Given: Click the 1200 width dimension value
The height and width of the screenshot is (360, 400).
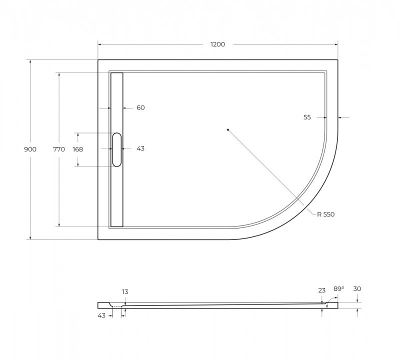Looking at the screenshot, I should click(217, 44).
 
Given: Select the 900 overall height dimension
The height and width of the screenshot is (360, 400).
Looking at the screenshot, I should click(30, 149).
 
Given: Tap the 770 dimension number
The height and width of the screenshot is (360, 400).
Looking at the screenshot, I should click(59, 149).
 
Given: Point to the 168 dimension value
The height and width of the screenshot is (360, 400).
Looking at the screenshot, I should click(77, 149).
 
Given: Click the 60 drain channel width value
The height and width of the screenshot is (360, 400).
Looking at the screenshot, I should click(140, 107).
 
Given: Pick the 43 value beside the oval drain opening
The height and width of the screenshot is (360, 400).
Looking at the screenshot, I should click(140, 148).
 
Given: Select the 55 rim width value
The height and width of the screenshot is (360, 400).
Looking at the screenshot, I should click(307, 117).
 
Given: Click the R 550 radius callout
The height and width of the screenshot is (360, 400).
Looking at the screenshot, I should click(325, 214).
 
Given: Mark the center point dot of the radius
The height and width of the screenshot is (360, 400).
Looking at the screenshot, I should click(227, 130).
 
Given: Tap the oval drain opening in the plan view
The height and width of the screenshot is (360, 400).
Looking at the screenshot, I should click(116, 149).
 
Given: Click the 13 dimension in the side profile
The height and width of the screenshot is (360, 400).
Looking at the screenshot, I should click(125, 291).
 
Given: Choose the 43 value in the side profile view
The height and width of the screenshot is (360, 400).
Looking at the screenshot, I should click(101, 315).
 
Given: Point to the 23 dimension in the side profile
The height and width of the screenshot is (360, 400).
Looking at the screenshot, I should click(321, 289).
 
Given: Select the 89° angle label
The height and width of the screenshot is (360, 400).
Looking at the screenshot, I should click(339, 289).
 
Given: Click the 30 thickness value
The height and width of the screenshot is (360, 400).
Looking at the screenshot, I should click(357, 288).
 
